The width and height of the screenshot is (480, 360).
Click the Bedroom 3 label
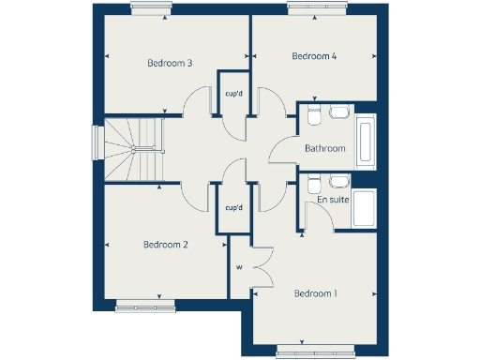coord(170,64)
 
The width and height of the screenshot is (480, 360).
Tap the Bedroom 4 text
coord(314,56)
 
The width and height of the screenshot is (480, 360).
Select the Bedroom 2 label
coord(166,245)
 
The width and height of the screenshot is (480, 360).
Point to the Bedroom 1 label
coord(316,293)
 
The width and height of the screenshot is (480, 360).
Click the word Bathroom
coord(325,148)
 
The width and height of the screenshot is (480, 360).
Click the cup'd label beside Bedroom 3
coord(233,93)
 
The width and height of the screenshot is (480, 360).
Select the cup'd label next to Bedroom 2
coord(233,208)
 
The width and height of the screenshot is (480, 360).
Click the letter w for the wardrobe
coord(239,267)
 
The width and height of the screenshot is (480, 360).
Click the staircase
coord(132,149)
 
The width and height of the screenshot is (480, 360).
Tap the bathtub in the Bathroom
coord(366,142)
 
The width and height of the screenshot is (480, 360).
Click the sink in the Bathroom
coord(339,112)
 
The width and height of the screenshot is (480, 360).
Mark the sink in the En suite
coord(339,181)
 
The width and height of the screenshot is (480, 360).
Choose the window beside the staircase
coord(96,144)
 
